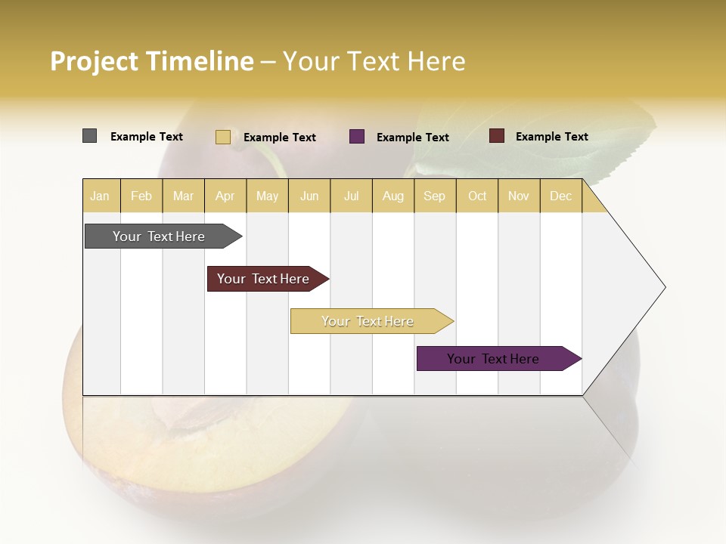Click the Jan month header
[100, 196]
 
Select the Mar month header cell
[183, 196]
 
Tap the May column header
[267, 196]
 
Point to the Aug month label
[392, 196]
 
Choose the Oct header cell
[477, 196]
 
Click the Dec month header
[560, 196]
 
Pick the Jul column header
[351, 196]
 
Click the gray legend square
[89, 136]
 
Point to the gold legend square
[223, 137]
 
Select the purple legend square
[357, 137]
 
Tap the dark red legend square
[497, 136]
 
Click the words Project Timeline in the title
[151, 61]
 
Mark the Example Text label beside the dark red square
[551, 137]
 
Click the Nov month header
[519, 196]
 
